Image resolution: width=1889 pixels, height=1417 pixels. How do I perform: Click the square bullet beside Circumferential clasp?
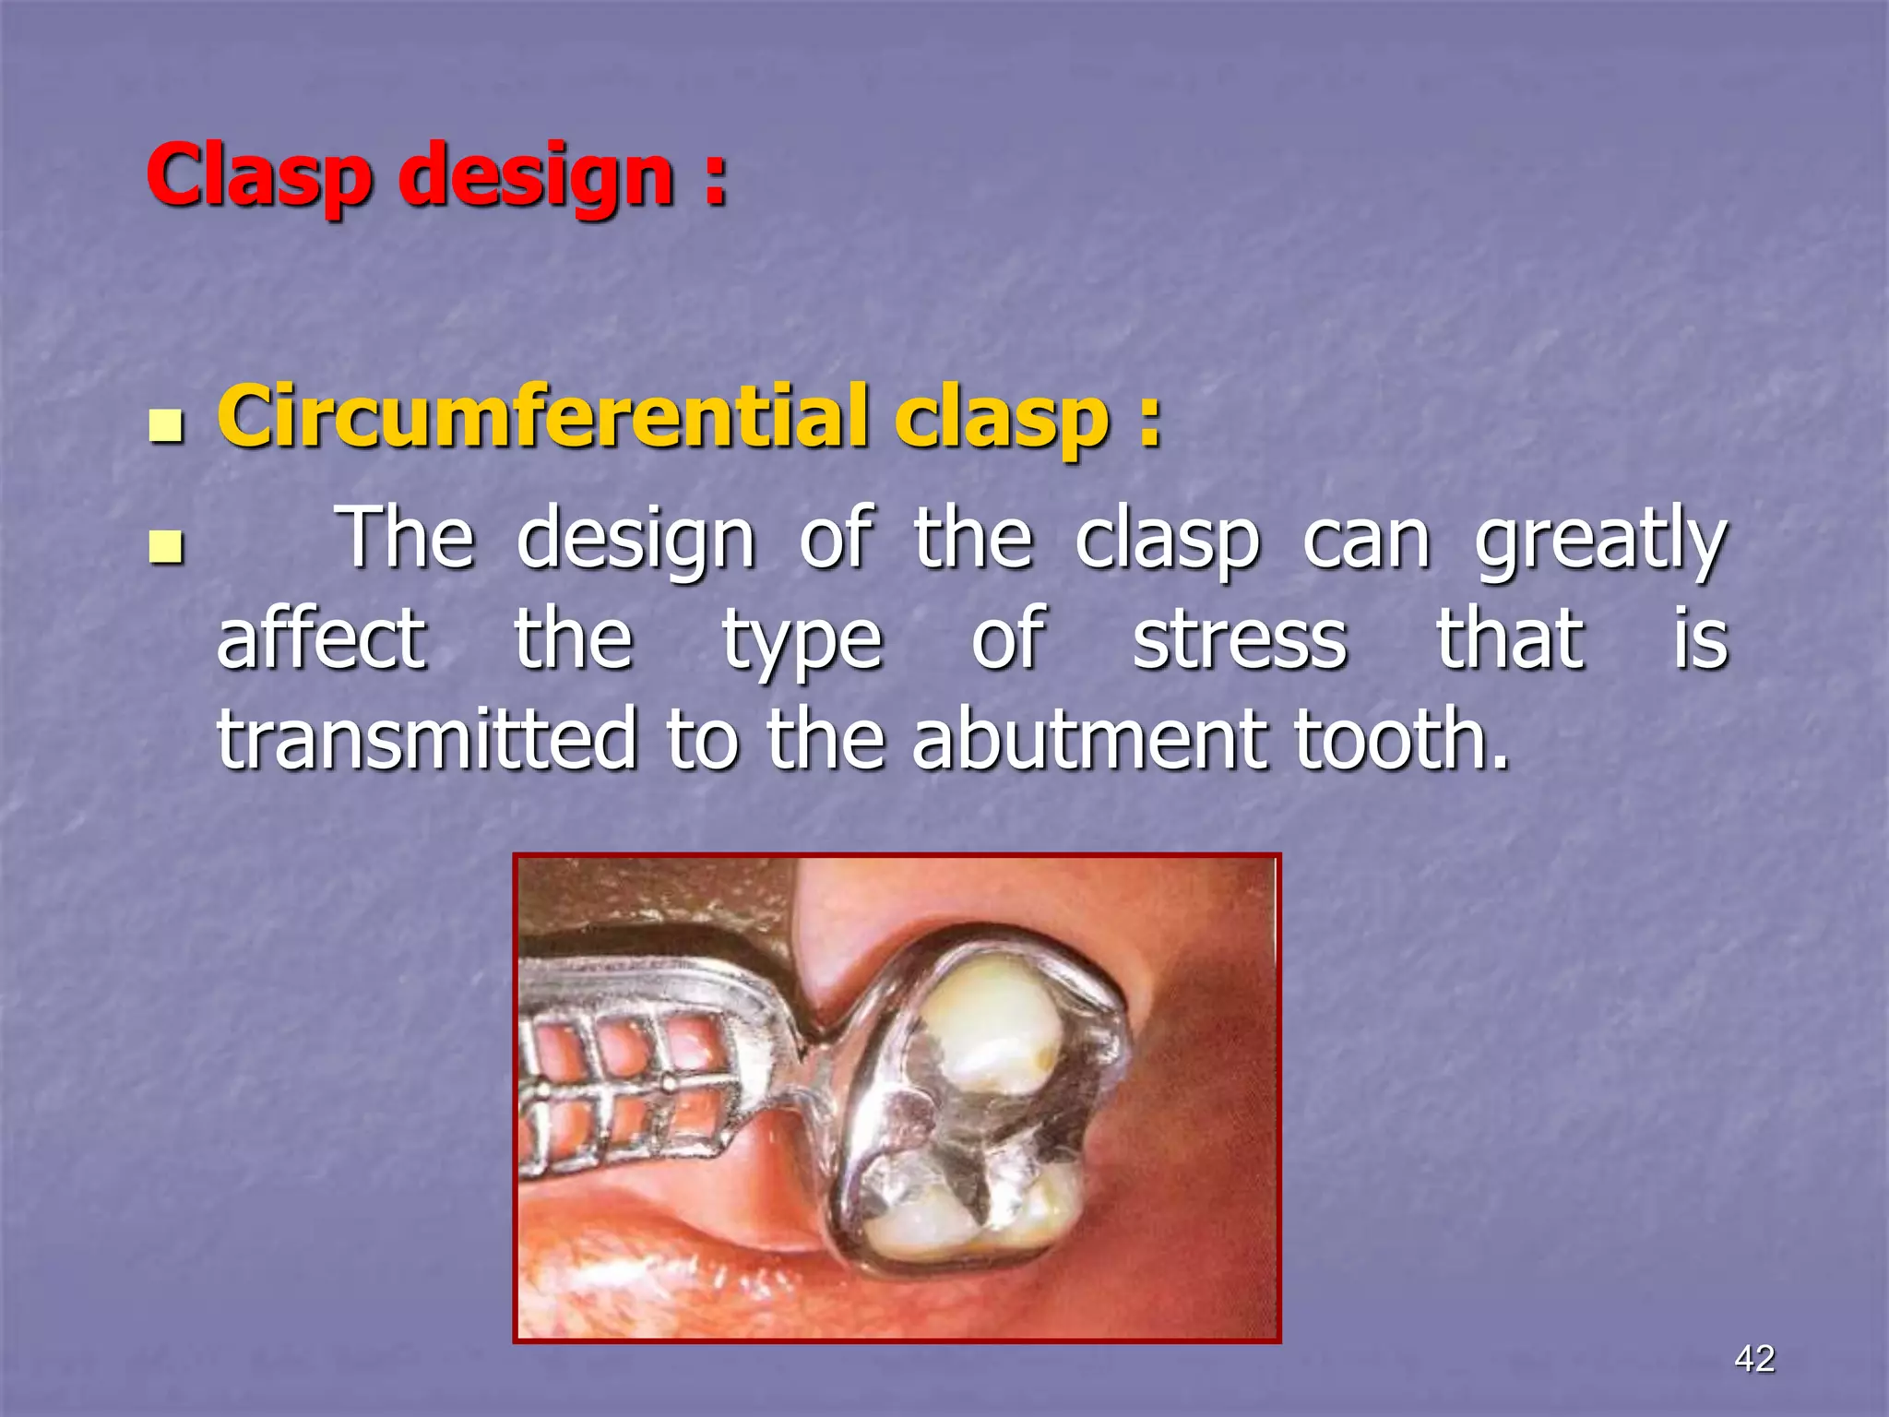165,426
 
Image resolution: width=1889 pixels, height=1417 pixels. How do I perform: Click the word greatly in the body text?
1600,542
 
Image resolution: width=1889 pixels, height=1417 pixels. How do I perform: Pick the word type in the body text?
802,643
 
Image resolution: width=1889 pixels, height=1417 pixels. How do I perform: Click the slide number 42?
1753,1358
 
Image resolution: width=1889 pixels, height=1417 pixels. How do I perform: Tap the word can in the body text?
1366,542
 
